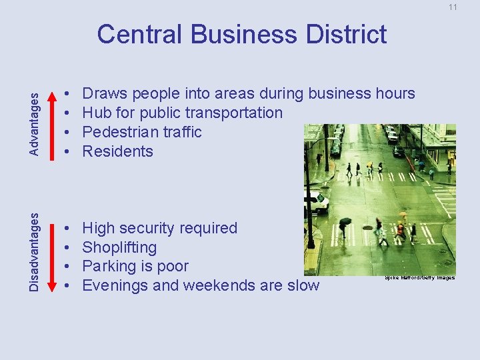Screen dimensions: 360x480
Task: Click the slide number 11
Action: [x=453, y=7]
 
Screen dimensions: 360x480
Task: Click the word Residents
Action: [x=117, y=151]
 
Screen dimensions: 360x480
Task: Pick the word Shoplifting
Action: [x=120, y=247]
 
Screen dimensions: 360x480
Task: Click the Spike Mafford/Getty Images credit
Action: [x=420, y=277]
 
